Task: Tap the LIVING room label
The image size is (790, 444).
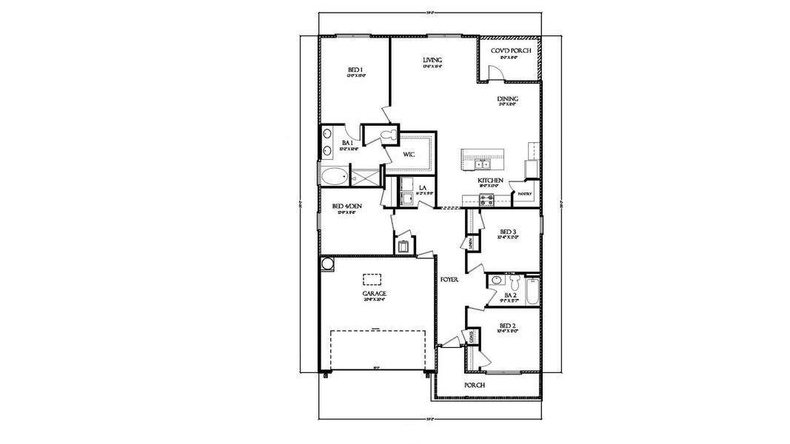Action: pyautogui.click(x=432, y=60)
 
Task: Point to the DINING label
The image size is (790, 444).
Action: pyautogui.click(x=507, y=98)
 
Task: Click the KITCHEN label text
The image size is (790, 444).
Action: pyautogui.click(x=490, y=181)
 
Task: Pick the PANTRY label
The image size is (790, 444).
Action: pyautogui.click(x=525, y=194)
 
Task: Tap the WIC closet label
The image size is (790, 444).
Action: pyautogui.click(x=408, y=155)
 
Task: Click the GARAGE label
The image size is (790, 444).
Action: pyautogui.click(x=374, y=293)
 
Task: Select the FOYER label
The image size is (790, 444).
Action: pyautogui.click(x=449, y=280)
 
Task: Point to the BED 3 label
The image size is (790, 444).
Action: pyautogui.click(x=507, y=231)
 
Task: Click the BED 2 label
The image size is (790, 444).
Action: pyautogui.click(x=507, y=326)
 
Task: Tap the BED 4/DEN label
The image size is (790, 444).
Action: pyautogui.click(x=344, y=206)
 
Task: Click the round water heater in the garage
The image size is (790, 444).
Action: pyautogui.click(x=327, y=263)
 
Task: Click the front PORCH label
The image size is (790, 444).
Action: pyautogui.click(x=474, y=386)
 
